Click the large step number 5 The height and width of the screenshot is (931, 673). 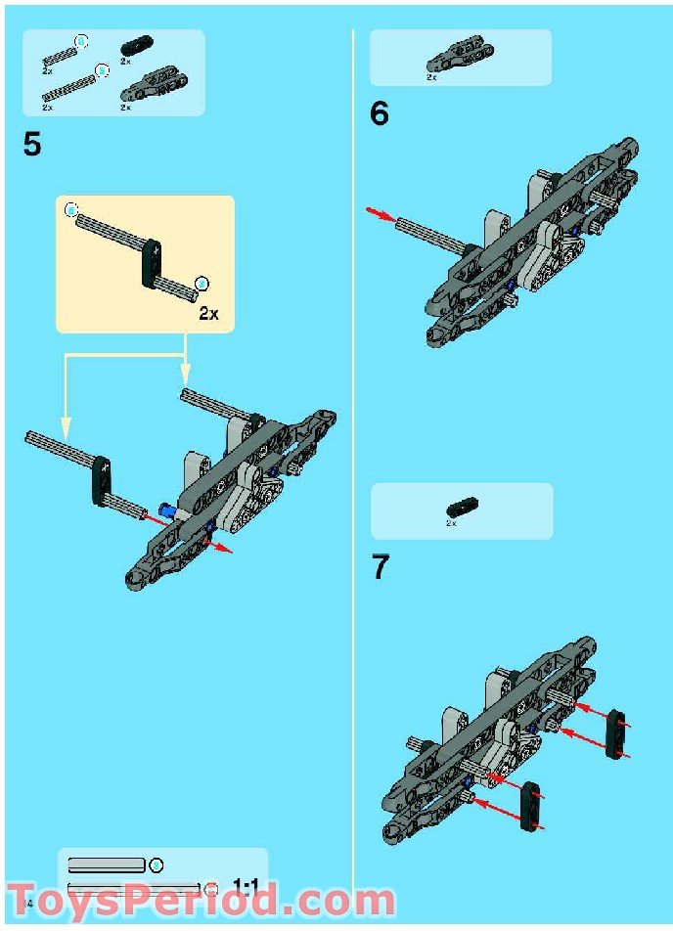click(x=32, y=145)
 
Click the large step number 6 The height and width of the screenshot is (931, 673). click(x=379, y=114)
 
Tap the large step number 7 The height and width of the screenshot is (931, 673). click(x=380, y=568)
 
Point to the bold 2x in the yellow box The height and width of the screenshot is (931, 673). click(x=208, y=314)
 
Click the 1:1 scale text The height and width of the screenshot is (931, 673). click(x=245, y=888)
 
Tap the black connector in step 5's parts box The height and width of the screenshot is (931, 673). click(x=132, y=45)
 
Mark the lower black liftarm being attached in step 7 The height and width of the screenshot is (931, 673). click(x=530, y=804)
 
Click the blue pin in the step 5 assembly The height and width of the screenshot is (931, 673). click(x=167, y=510)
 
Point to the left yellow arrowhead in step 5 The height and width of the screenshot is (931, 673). click(x=65, y=426)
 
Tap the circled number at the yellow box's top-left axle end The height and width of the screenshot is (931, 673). click(x=70, y=210)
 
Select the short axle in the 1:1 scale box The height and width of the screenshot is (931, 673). click(x=106, y=865)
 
